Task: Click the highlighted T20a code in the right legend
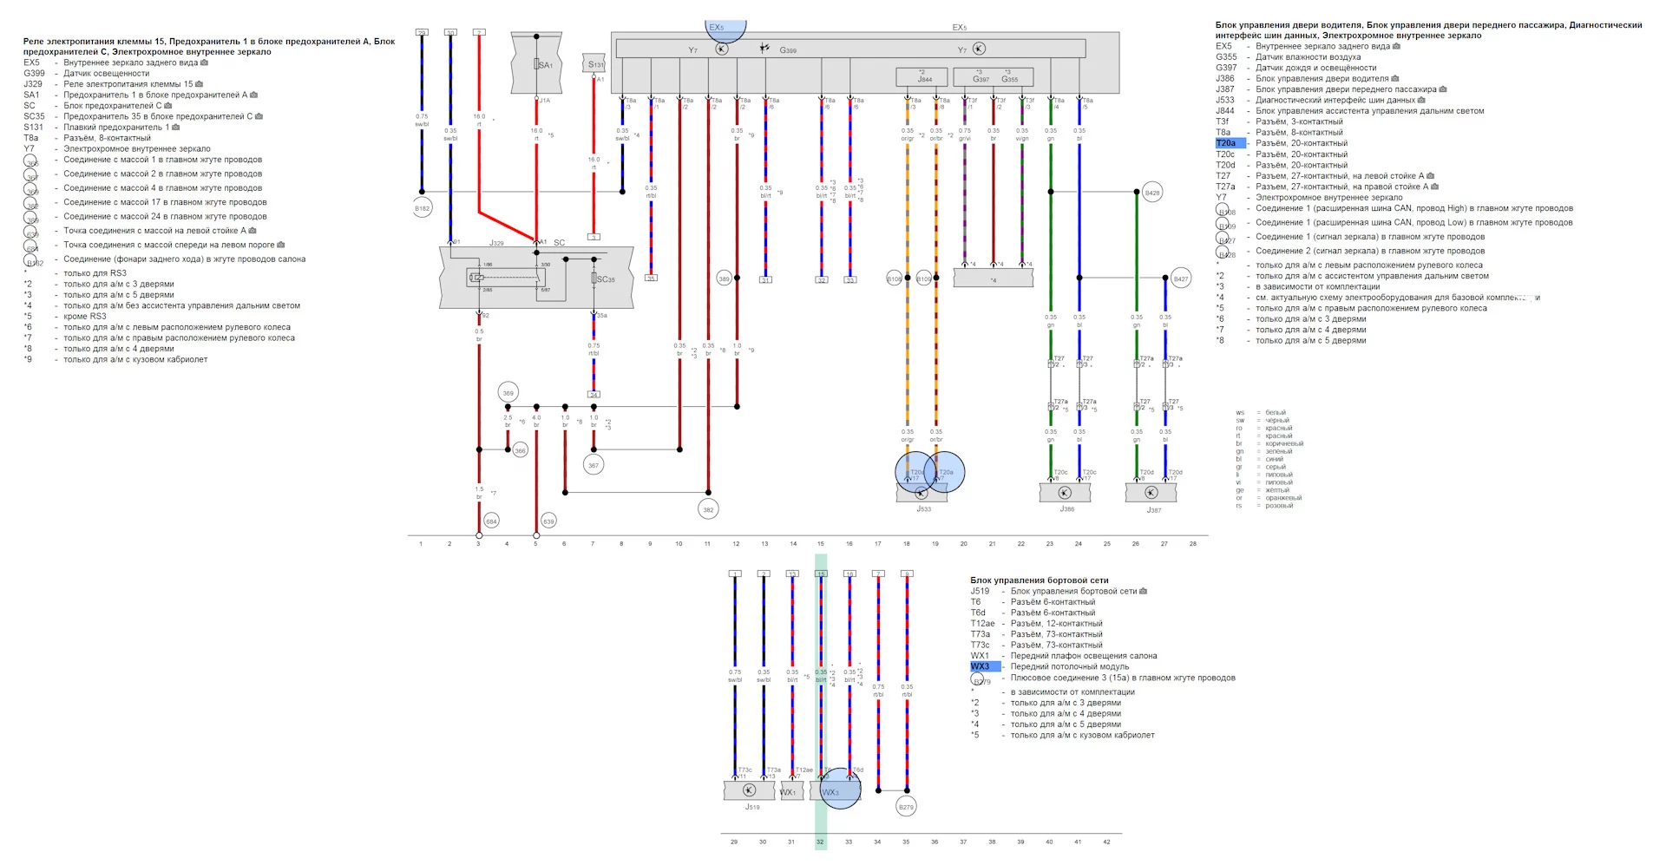[1227, 143]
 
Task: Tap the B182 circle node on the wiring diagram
[422, 208]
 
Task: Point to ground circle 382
[708, 509]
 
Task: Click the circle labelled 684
[491, 521]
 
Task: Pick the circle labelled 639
[548, 521]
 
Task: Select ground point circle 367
[594, 465]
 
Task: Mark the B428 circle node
[1151, 193]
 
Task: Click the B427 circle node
[1180, 279]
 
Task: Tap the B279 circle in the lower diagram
[906, 807]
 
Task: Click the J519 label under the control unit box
[751, 807]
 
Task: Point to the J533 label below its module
[923, 509]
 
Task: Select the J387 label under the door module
[1153, 510]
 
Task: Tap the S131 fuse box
[595, 64]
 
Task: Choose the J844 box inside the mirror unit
[924, 78]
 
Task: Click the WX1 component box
[790, 791]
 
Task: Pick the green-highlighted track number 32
[820, 842]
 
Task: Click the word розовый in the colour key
[1279, 506]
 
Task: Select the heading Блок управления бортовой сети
[1039, 580]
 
